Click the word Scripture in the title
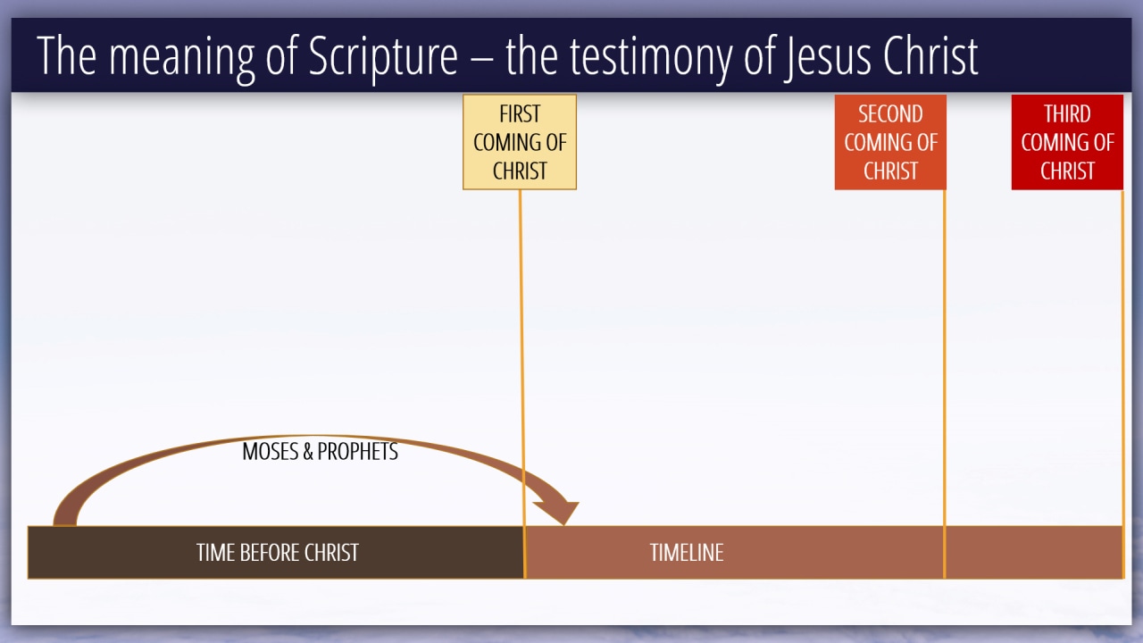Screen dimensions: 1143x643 coord(383,56)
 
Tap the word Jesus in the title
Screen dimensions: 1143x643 coord(827,56)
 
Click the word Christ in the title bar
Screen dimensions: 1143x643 coord(930,55)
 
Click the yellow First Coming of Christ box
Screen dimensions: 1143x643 coord(520,142)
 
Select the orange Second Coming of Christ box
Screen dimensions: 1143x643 coord(890,142)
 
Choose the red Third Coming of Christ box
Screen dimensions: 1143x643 coord(1067,142)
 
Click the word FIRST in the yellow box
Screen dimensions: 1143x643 coord(520,113)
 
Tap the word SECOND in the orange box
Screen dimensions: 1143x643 coord(890,113)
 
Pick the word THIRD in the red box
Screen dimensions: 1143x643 coord(1067,113)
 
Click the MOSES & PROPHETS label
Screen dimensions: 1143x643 coord(320,451)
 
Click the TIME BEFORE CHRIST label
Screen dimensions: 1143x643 coord(278,553)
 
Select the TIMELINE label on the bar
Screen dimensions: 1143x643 coord(687,553)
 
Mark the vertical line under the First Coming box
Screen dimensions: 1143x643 coord(522,384)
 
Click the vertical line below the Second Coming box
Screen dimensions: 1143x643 coord(944,384)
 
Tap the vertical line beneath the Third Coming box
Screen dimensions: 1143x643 coord(1122,384)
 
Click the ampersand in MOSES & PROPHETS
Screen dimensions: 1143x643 coord(308,452)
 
